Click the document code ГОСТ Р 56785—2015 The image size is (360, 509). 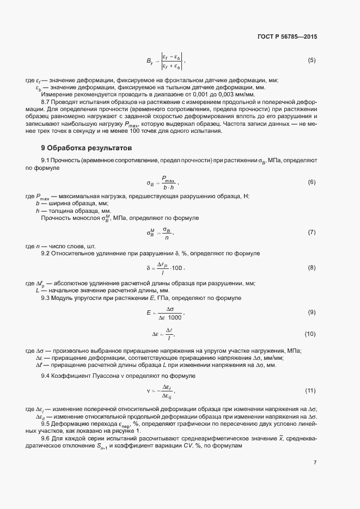[x=286, y=37]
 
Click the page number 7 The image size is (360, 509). [x=314, y=463]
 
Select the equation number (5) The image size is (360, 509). [x=312, y=60]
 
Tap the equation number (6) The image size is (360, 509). [x=312, y=182]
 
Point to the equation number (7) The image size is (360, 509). [x=312, y=232]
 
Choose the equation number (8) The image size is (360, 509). [x=312, y=267]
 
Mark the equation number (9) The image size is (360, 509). [x=312, y=312]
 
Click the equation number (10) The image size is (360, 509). [x=310, y=333]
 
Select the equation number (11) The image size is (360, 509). [x=310, y=391]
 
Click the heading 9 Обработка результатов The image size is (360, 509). [x=86, y=148]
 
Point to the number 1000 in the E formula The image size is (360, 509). [x=174, y=317]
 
